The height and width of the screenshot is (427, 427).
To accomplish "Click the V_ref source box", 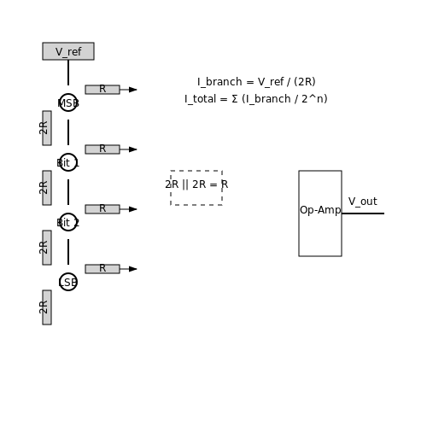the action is point(68,51).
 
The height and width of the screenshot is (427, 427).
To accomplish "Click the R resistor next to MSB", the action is point(102,90).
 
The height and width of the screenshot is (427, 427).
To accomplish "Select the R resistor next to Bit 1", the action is point(102,149).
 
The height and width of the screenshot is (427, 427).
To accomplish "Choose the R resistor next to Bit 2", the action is point(102,209).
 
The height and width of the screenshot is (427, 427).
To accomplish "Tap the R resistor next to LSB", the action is point(102,269).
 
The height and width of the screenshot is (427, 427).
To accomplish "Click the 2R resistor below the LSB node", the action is point(47,307).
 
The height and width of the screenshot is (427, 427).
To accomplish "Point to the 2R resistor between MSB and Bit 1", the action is point(47,128).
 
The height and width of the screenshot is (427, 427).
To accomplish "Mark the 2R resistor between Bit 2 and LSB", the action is point(47,248).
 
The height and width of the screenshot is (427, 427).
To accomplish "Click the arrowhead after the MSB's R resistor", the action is point(133,90).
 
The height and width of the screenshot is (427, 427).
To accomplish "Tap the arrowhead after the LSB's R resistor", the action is point(133,269).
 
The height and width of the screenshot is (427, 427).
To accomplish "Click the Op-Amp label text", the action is point(320,210).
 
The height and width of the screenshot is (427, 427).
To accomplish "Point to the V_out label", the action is point(363,202).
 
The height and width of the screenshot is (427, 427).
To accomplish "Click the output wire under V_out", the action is point(363,213).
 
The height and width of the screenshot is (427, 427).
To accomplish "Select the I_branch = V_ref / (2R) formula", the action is point(256,82).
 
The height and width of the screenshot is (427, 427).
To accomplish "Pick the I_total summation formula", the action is point(256,99).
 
